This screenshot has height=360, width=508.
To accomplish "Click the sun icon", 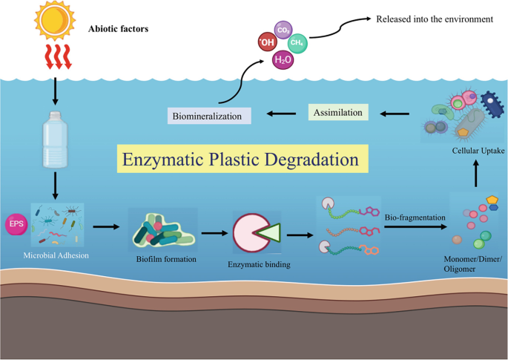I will [x=53, y=22].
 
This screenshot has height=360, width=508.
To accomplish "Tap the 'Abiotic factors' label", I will [x=119, y=29].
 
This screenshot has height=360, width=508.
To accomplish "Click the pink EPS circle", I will [x=16, y=223].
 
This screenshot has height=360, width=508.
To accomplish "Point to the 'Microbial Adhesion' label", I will [x=56, y=256].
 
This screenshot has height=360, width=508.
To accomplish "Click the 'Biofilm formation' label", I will [x=165, y=259].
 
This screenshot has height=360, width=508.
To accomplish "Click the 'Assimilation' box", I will [x=337, y=113].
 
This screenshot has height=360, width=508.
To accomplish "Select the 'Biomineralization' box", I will [x=208, y=116].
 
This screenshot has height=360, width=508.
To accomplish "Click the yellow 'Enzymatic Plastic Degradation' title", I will [x=240, y=160].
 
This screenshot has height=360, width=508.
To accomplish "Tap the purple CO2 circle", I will [x=283, y=30].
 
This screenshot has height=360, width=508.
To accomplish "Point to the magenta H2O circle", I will [x=283, y=59].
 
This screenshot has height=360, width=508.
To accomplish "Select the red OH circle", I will [x=268, y=42].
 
